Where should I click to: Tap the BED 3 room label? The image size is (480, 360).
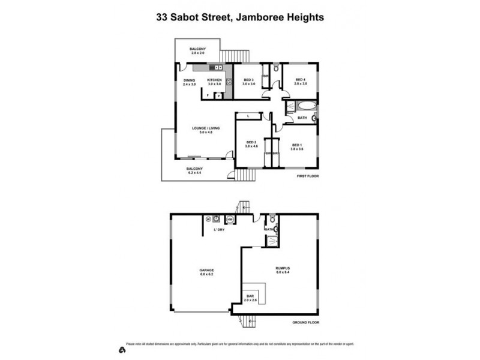pos(248,80)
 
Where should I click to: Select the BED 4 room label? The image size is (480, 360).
pos(301,80)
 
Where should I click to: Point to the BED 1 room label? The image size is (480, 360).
pos(296,145)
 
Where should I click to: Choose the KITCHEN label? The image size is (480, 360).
pos(214,80)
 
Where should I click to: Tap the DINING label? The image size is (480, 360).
pos(190,80)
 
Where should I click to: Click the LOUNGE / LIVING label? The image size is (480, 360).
pos(202,128)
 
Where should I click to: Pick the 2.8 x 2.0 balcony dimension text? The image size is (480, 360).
pos(198,53)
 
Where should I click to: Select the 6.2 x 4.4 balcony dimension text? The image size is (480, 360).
pos(194,172)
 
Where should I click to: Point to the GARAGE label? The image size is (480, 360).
pos(206,270)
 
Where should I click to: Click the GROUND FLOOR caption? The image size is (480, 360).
pos(306,322)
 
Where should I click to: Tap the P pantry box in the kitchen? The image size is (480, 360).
pos(217,95)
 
